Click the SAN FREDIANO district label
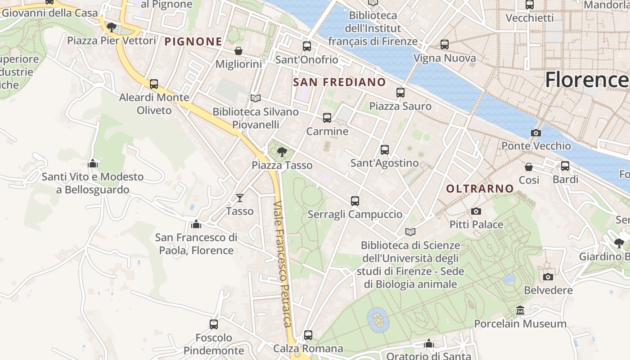339,82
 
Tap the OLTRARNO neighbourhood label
480,189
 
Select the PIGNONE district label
193,42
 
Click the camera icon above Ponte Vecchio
535,133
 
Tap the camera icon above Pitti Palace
476,211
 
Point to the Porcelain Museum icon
520,310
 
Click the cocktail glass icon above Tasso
240,198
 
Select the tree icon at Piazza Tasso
282,152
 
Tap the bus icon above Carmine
327,118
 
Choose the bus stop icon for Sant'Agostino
384,150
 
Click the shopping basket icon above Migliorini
238,51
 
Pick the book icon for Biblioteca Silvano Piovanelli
256,98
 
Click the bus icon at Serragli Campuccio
355,201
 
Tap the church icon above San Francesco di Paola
196,224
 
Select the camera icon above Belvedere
548,277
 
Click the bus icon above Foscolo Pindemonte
214,324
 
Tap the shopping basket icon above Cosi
529,167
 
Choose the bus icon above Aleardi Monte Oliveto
154,84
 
